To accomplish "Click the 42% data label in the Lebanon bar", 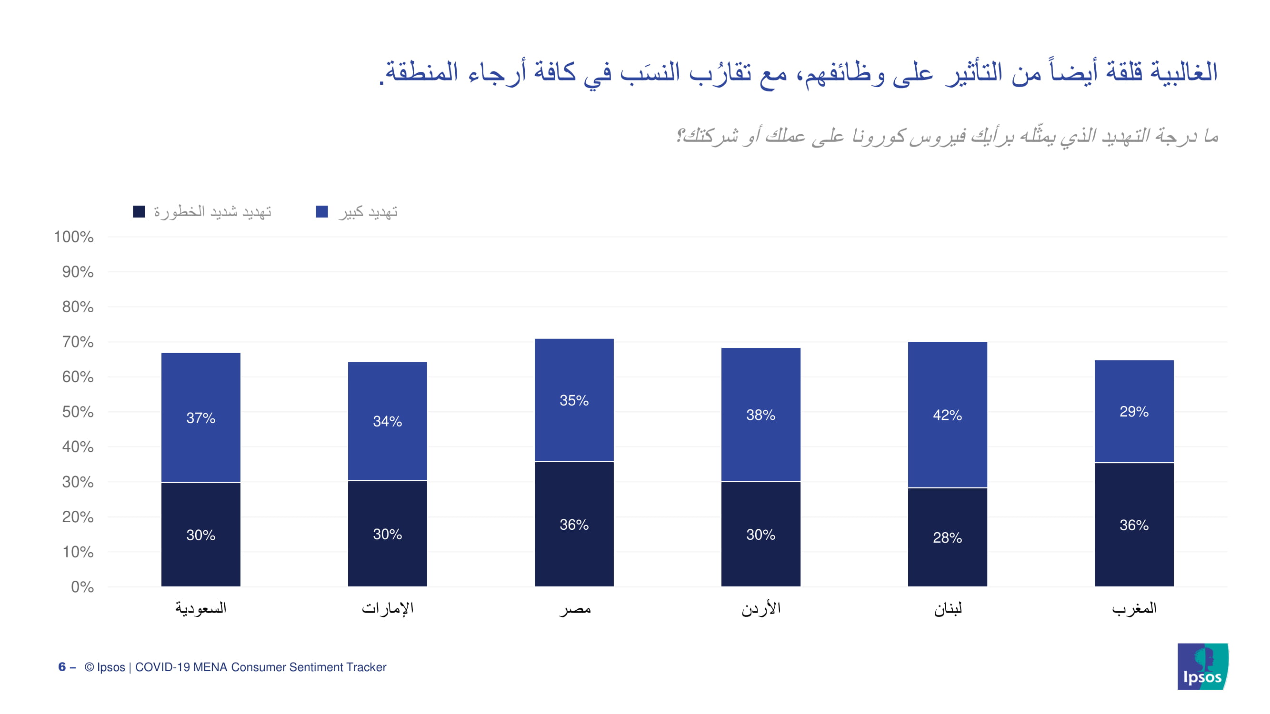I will (x=947, y=415).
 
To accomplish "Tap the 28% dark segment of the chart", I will (x=947, y=537).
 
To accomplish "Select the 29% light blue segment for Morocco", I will (x=1133, y=411).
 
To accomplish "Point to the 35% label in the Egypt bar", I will (x=574, y=400).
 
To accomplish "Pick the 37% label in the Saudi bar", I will (x=200, y=418).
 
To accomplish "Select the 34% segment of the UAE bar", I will (x=387, y=421).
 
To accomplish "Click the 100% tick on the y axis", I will (x=73, y=237).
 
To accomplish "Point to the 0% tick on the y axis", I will (x=82, y=587).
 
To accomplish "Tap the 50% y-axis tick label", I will (x=78, y=412).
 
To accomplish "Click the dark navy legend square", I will (x=139, y=211).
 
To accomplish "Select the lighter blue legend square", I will (x=321, y=211).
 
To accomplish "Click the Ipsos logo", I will (x=1202, y=666).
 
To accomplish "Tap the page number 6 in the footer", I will (x=61, y=667).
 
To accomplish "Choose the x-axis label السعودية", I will (x=200, y=608).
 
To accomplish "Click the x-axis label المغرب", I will (x=1133, y=608).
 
